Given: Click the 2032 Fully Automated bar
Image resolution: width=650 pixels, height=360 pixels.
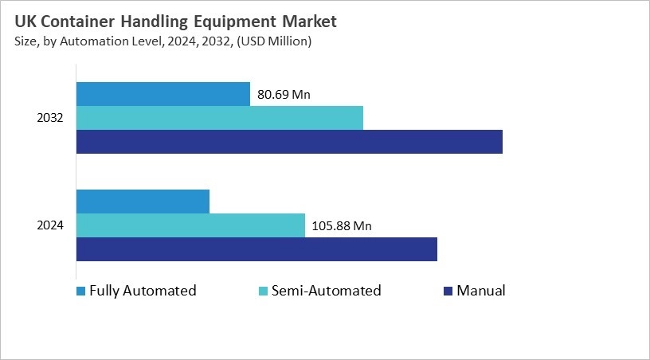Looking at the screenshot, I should point(162,94).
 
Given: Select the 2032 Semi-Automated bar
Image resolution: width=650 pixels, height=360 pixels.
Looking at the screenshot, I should point(219,118).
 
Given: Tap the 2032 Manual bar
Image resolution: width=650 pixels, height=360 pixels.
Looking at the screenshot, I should point(289,142).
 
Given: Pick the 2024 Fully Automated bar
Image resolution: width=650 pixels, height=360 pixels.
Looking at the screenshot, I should point(143,202).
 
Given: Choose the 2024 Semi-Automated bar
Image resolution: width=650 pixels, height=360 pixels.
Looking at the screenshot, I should point(190,225).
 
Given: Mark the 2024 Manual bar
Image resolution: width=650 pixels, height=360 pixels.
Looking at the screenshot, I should point(256,249).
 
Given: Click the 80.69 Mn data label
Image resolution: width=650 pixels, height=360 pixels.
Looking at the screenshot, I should point(284,95).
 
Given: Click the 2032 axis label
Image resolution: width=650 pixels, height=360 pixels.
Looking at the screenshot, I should point(50,118).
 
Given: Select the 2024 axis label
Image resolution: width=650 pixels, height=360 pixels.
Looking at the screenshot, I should point(50,225).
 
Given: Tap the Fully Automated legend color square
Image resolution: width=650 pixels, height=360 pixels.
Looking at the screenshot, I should point(80,291).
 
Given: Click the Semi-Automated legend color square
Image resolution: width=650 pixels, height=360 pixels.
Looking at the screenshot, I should point(263,291).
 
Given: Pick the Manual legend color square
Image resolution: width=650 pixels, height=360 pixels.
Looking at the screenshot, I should point(448,291).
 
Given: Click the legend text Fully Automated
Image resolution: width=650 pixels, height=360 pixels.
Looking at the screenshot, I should point(143,291).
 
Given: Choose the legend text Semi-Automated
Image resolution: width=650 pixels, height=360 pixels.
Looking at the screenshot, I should point(326,291).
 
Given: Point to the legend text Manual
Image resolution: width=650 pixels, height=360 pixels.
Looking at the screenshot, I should point(481,291).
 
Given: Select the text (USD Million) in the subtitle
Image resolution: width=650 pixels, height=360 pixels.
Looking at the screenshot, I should point(271,41).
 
